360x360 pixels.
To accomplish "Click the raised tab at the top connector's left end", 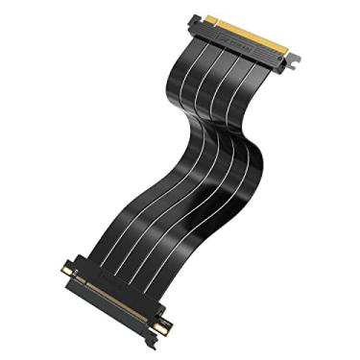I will click(x=196, y=18).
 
